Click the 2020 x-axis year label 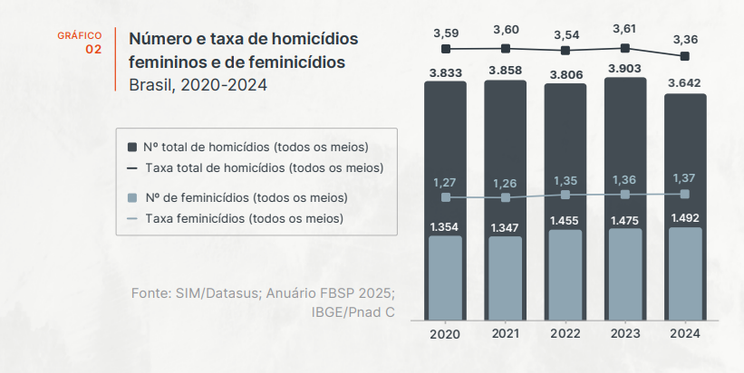click(445, 334)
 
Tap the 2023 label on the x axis click(624, 334)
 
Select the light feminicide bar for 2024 click(684, 276)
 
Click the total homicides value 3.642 click(684, 83)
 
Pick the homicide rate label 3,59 click(445, 33)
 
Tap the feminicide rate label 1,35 click(565, 180)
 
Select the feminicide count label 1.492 click(684, 217)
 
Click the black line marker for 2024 click(684, 56)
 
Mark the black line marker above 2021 click(505, 48)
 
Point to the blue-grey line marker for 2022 click(565, 195)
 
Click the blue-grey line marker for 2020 click(445, 197)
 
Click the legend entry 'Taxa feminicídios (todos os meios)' click(244, 218)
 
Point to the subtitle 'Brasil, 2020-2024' click(198, 85)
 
